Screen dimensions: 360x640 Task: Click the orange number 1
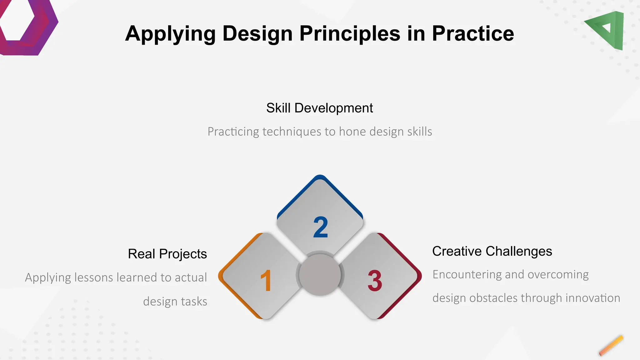click(x=266, y=281)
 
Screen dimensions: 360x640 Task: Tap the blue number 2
click(x=321, y=227)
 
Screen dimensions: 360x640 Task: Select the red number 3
click(x=375, y=281)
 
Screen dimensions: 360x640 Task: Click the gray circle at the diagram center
click(x=320, y=275)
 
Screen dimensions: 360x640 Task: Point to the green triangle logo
click(x=608, y=30)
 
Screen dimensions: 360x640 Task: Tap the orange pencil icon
click(x=611, y=346)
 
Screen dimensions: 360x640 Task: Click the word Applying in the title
click(x=170, y=34)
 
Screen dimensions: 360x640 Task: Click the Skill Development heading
click(x=319, y=108)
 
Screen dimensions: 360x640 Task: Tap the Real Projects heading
click(x=167, y=254)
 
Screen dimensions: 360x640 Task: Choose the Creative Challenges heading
click(x=492, y=251)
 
